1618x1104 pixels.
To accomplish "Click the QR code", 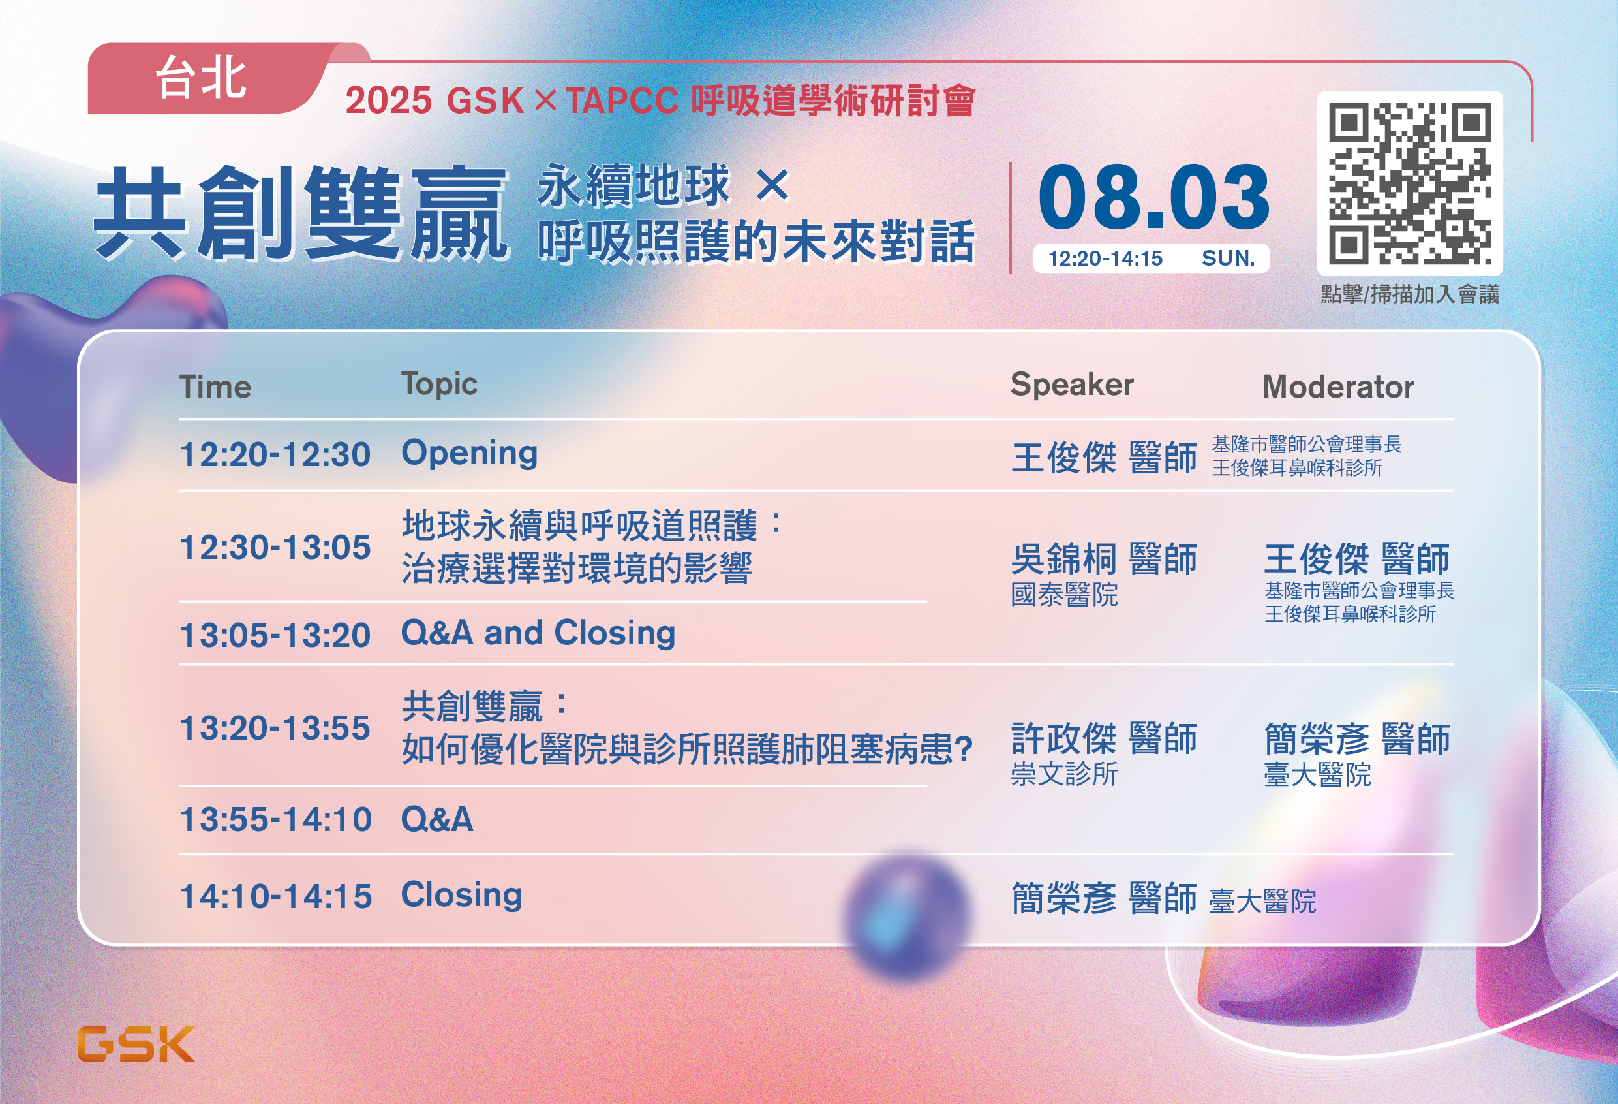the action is point(1410,184).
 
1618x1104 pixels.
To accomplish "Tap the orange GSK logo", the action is point(136,1043).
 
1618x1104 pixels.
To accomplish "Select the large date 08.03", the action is point(1153,197).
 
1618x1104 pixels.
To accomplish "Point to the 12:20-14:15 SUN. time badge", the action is point(1152,259).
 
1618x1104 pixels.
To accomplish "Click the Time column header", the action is point(215,387).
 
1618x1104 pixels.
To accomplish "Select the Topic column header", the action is point(439,385).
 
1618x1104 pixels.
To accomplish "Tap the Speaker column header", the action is point(1072,385).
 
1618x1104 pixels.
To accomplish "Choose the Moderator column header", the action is point(1338,387).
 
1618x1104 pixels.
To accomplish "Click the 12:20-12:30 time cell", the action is point(275,455).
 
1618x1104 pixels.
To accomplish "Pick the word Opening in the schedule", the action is point(470,454).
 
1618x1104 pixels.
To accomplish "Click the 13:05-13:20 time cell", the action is point(275,635).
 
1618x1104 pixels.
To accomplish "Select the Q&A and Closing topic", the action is point(538,634).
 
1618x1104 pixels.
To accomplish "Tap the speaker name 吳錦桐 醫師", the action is point(1104,559).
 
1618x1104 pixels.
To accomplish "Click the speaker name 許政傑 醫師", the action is point(1104,738).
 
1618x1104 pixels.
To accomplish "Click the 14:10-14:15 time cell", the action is point(276,896).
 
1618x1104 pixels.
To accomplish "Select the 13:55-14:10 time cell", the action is point(276,820).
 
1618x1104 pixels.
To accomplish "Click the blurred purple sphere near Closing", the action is point(906,915).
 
